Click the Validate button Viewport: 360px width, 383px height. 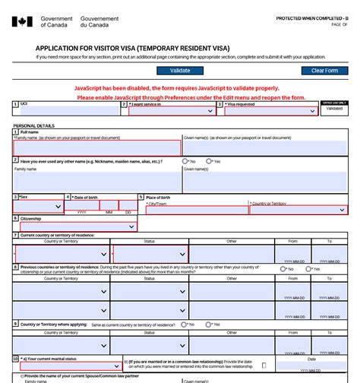tap(180, 71)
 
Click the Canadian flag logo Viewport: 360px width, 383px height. tap(22, 21)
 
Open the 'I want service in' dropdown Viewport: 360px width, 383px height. tap(172, 111)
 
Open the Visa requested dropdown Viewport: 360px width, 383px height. tap(270, 111)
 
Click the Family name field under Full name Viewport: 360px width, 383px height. tap(97, 148)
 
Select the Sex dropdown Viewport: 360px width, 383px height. tap(38, 206)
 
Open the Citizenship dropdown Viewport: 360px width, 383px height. tap(78, 226)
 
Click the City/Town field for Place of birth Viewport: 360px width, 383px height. tap(197, 210)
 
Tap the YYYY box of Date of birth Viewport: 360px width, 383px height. tap(82, 206)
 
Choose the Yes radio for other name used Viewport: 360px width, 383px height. tap(210, 162)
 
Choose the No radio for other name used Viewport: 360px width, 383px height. tap(186, 162)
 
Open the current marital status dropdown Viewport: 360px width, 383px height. tap(70, 366)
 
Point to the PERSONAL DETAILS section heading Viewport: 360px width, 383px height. tap(33, 125)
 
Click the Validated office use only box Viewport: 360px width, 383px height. tap(334, 109)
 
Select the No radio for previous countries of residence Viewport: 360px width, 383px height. tap(283, 269)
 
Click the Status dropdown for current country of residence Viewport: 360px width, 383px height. tap(150, 254)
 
